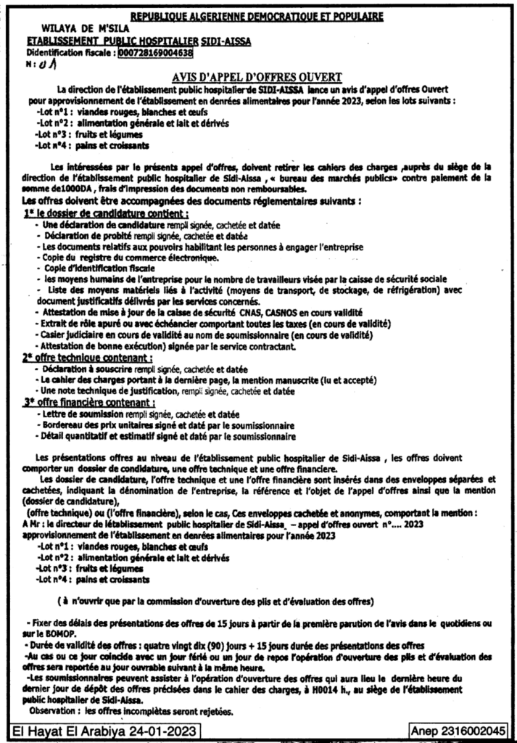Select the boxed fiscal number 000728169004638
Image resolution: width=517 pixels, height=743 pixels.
pyautogui.click(x=156, y=52)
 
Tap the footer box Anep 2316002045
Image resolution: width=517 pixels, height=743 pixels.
pyautogui.click(x=458, y=731)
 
